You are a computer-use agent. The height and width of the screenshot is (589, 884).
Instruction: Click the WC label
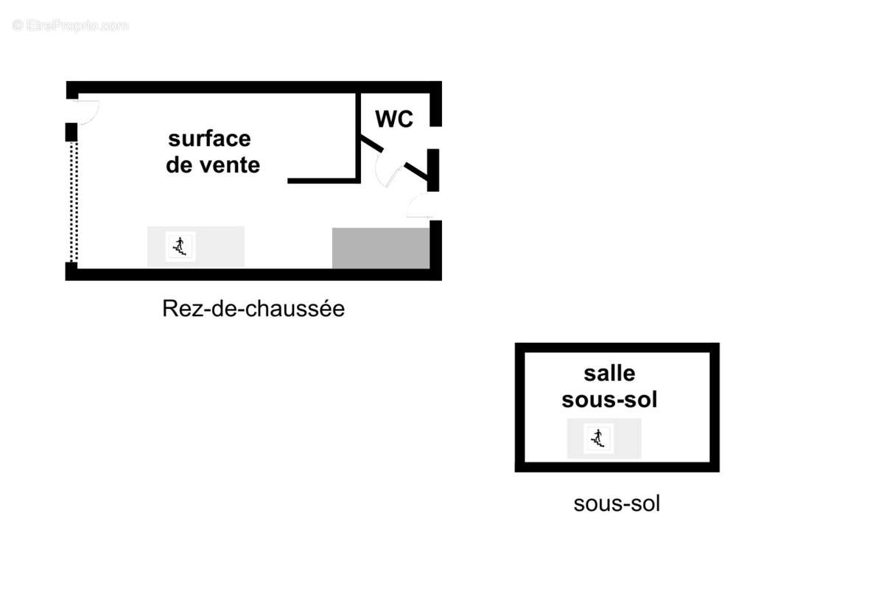[394, 119]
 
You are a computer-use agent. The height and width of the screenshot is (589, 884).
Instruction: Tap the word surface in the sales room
[209, 139]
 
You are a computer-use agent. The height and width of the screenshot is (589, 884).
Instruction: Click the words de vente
[213, 164]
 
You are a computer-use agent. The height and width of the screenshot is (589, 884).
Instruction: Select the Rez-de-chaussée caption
[253, 308]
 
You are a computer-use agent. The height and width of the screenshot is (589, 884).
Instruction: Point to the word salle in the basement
[609, 373]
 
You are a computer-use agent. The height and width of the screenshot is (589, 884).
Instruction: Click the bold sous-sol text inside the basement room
[609, 399]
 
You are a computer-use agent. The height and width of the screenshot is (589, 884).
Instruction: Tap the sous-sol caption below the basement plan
[617, 503]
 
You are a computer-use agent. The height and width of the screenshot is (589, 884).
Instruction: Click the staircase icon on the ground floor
[180, 246]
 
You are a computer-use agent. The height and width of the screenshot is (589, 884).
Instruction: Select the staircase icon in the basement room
[598, 438]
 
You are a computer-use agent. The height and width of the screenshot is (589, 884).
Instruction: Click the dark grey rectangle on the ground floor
[381, 248]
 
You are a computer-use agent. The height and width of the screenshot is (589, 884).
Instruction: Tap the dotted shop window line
[74, 201]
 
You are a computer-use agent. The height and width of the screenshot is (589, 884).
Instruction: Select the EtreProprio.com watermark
[70, 25]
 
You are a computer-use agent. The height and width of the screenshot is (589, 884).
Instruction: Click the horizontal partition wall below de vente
[323, 181]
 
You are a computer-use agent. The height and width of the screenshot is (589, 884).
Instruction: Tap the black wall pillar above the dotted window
[71, 132]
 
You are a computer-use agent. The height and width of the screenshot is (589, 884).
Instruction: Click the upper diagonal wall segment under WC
[372, 144]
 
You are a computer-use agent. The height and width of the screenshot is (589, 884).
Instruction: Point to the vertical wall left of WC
[358, 137]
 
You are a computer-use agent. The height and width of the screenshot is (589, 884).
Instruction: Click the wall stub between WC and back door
[433, 170]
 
